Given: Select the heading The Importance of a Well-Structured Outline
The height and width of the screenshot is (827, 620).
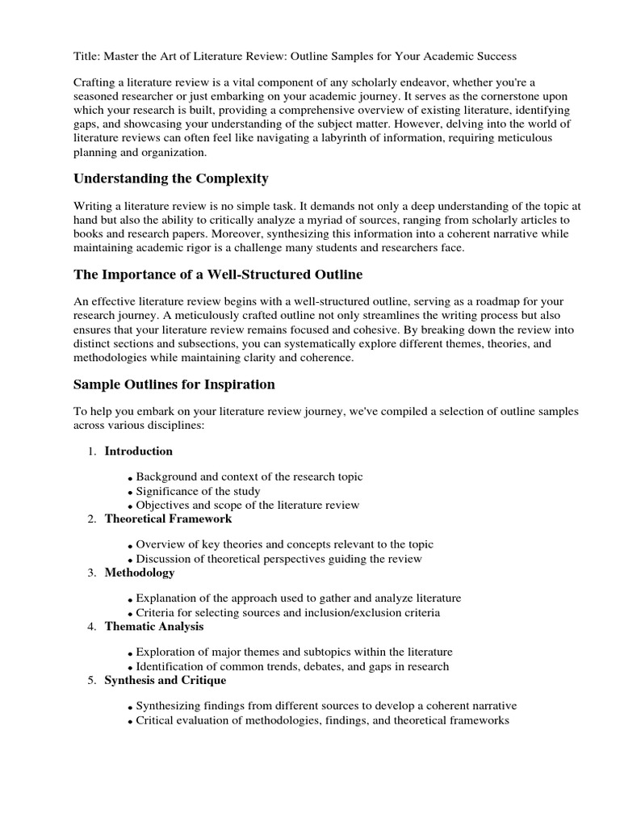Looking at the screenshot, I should tap(218, 275).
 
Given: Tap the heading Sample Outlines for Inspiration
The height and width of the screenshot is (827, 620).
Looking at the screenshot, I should tap(174, 384).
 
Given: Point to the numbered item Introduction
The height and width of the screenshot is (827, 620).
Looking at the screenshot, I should tap(138, 451).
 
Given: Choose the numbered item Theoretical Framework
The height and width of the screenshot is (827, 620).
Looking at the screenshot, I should tap(168, 518).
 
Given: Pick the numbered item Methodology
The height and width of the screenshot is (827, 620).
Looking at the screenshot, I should tap(140, 573).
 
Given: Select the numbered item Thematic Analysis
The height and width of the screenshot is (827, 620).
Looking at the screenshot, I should tap(154, 626).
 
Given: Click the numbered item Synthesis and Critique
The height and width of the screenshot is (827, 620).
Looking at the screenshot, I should tap(165, 680).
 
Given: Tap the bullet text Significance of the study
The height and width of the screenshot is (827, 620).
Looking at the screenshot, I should tap(198, 491).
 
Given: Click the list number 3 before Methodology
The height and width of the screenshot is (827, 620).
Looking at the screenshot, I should tap(91, 573).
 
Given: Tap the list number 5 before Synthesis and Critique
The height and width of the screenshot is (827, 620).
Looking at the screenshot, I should tap(91, 681).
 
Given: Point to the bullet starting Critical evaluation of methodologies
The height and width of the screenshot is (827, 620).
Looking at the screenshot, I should tap(322, 720).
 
